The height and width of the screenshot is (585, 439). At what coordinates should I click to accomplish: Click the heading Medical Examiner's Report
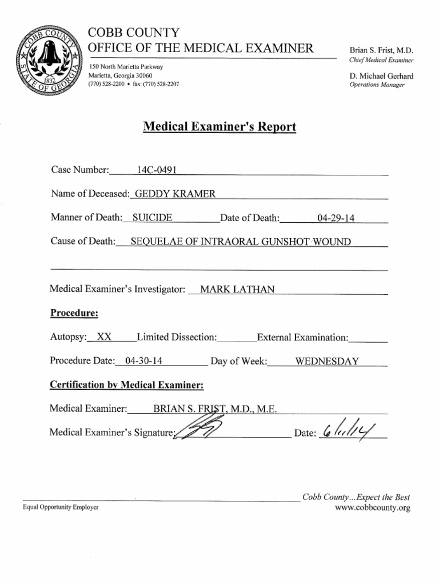[219, 126]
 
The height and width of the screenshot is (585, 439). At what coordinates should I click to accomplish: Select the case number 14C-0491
[157, 170]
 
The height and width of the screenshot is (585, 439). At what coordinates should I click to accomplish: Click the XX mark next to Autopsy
[104, 337]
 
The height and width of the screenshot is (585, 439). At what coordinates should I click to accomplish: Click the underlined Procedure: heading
[74, 312]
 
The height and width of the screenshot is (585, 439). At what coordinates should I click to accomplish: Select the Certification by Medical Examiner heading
[127, 385]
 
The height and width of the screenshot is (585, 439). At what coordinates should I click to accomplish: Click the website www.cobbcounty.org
[372, 508]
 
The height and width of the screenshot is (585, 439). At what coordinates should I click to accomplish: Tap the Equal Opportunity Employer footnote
[61, 507]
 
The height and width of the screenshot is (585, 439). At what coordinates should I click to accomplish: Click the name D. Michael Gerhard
[381, 76]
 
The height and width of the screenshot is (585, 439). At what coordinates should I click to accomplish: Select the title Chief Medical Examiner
[381, 60]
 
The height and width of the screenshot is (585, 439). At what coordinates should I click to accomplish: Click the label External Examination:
[302, 337]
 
